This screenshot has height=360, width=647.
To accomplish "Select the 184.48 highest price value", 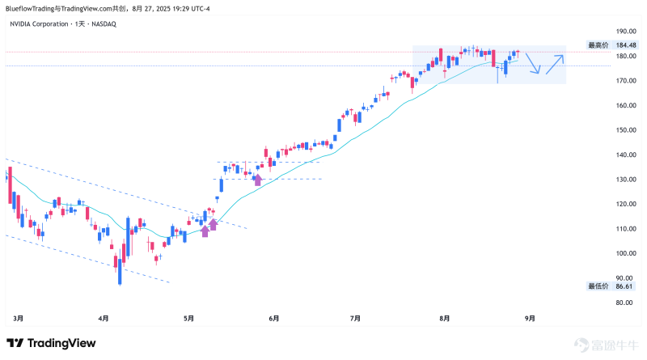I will click(x=626, y=45).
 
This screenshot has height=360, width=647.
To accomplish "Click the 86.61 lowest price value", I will click(x=624, y=286).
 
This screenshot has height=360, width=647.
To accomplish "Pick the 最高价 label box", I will click(x=598, y=45).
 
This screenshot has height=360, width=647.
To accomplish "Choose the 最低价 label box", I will click(x=598, y=286).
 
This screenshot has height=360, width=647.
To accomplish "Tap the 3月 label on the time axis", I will click(x=19, y=319).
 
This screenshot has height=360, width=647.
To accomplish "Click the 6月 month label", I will click(x=273, y=319).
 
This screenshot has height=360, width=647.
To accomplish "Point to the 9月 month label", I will click(x=529, y=319).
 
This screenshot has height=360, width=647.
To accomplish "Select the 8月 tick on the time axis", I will click(x=442, y=319).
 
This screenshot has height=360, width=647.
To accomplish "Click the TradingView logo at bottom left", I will click(x=53, y=344).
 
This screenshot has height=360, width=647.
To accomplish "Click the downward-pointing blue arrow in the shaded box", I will click(x=533, y=64).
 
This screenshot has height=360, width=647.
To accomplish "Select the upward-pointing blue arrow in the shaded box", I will click(x=555, y=63).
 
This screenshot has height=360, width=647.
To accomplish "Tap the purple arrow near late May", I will click(x=258, y=180).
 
